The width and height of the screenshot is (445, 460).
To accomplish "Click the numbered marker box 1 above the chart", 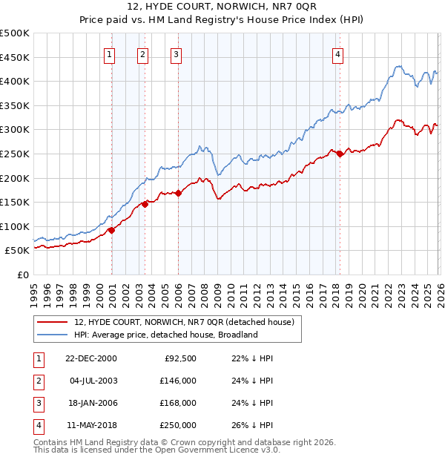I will [109, 53].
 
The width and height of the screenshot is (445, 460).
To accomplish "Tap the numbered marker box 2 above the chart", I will [142, 53].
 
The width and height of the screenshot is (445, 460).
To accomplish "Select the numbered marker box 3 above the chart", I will [176, 53].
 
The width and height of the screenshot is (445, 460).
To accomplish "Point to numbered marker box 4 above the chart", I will [337, 53].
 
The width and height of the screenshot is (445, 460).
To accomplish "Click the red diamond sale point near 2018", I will [340, 154].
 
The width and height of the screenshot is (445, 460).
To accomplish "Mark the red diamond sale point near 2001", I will [111, 230].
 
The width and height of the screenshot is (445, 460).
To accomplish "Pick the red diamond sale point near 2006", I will [179, 194].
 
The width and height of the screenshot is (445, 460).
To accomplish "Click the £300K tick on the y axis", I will [15, 130].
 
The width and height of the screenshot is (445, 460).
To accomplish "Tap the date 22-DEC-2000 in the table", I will [90, 358].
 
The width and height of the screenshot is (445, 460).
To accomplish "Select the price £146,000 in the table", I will [178, 380].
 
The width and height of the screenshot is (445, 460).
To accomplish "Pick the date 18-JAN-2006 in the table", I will [90, 403].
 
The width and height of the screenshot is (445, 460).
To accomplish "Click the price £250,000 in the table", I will [178, 425].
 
